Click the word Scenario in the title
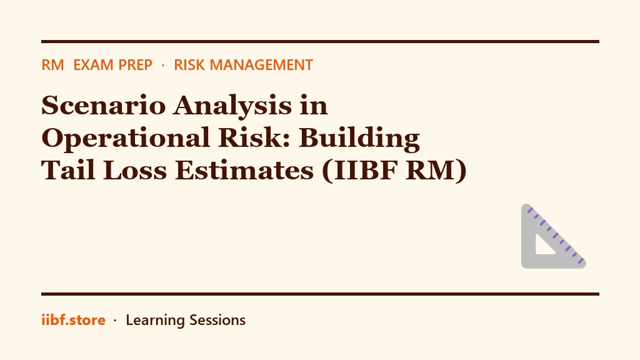point(104,105)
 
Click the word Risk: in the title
point(254,137)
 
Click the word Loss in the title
point(135,170)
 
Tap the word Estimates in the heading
point(244,170)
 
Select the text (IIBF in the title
point(360,171)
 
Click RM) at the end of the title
point(436,171)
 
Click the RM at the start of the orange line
point(52,65)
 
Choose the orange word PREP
point(132,65)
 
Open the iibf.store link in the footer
point(74,320)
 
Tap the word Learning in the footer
point(155,321)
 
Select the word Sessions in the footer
point(217,320)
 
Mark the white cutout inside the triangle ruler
point(543,247)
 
